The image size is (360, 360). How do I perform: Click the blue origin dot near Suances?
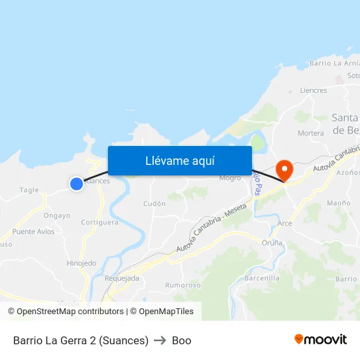click(x=77, y=184)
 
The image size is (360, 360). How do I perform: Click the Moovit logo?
click(x=320, y=339)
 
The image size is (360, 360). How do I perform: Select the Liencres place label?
click(x=312, y=90)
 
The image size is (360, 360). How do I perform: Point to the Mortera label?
click(x=310, y=133)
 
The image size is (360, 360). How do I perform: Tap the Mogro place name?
click(x=230, y=177)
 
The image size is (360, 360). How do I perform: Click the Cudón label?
click(x=154, y=204)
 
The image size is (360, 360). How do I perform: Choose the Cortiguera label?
click(x=99, y=222)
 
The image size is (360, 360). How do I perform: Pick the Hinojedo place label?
click(x=81, y=263)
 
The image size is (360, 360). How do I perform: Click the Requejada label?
click(x=122, y=278)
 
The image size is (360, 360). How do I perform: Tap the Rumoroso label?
click(x=183, y=285)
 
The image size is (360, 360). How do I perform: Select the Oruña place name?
click(x=272, y=243)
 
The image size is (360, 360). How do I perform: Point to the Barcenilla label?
click(x=261, y=278)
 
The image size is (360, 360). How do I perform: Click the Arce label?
click(x=285, y=223)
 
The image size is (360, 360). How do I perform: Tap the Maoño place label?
click(x=338, y=203)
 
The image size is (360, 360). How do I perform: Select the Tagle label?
click(x=29, y=190)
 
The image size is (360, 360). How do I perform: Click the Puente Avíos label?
click(x=33, y=232)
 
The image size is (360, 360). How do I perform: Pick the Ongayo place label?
click(x=57, y=215)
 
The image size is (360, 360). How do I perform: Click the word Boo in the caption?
click(x=181, y=340)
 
